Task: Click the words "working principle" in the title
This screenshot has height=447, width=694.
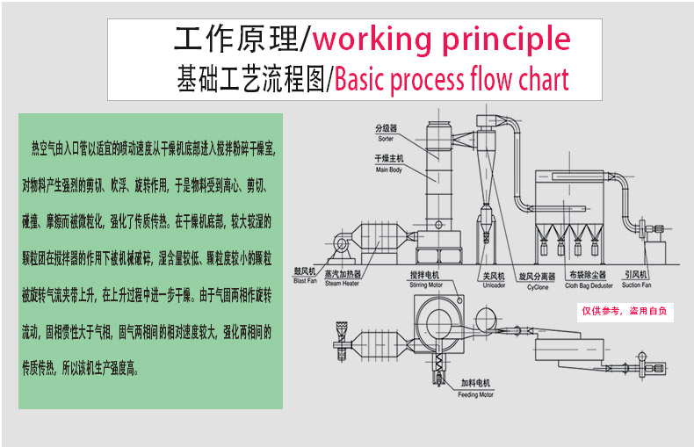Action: pyautogui.click(x=441, y=40)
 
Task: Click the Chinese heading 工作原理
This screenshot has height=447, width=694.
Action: pyautogui.click(x=235, y=40)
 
